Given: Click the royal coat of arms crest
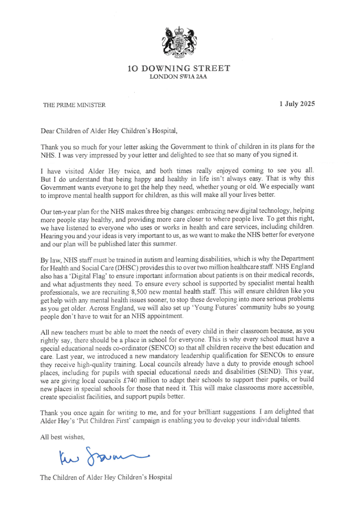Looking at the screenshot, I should [x=180, y=42].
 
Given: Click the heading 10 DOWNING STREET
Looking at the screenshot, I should [x=180, y=69].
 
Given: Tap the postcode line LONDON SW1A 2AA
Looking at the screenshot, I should [x=180, y=77].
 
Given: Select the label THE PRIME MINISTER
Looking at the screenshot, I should [x=74, y=105].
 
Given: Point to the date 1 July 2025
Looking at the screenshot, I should [x=297, y=104].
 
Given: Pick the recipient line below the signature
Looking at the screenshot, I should [x=106, y=478].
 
